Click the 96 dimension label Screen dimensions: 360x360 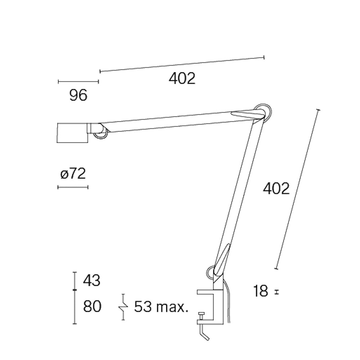[x=78, y=95]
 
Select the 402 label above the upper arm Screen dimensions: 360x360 [x=182, y=78]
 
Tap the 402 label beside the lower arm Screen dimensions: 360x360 [x=276, y=189]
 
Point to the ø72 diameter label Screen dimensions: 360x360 [x=73, y=174]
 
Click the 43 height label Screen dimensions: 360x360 [x=91, y=280]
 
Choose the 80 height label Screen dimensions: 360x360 [x=92, y=307]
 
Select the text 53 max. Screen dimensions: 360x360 [x=161, y=307]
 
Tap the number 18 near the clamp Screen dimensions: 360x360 [x=260, y=291]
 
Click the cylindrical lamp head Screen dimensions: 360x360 [x=73, y=133]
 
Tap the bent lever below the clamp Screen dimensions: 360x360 [x=203, y=333]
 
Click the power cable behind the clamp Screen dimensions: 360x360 [x=228, y=302]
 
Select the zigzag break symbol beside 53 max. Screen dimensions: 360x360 [x=123, y=307]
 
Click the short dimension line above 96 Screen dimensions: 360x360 [x=78, y=82]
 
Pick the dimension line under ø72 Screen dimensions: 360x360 [x=73, y=187]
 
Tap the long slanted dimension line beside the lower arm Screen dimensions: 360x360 [x=297, y=189]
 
